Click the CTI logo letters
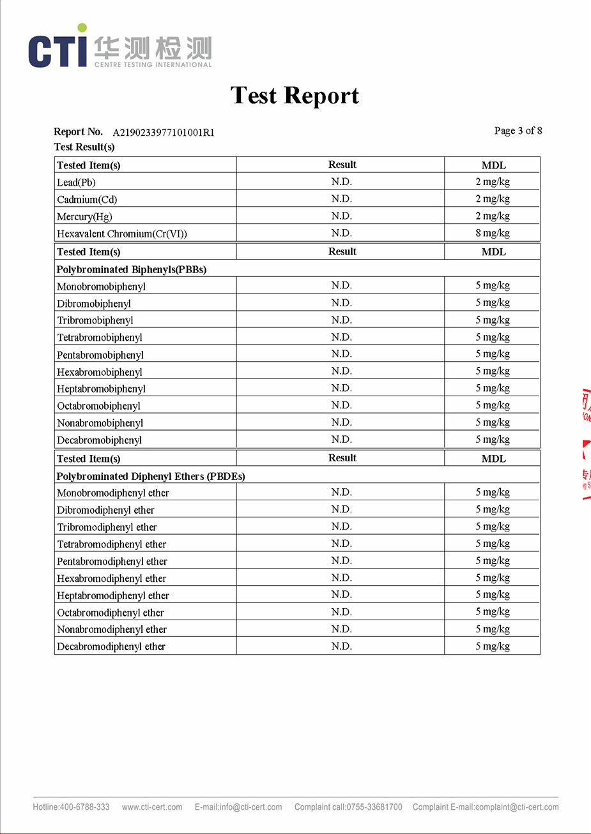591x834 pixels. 58,51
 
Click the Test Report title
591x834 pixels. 295,96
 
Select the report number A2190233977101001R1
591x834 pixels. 164,133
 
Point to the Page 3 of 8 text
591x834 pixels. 518,131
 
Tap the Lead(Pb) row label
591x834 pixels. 76,182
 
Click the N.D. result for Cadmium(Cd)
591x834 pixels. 342,199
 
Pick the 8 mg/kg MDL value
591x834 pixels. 493,233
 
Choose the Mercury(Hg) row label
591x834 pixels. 84,217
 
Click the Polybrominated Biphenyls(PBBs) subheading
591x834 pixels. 132,269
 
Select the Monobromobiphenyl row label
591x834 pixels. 101,287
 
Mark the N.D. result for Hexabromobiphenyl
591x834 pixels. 342,371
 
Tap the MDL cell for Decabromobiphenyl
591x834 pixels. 493,440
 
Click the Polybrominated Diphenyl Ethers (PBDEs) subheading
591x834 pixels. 151,476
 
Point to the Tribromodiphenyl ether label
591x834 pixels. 107,527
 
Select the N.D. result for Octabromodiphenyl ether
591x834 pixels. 342,612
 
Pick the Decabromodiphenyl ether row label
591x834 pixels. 111,646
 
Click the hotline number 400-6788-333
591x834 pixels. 85,807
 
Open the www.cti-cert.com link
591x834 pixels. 152,807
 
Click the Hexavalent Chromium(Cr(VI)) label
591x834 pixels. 122,234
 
